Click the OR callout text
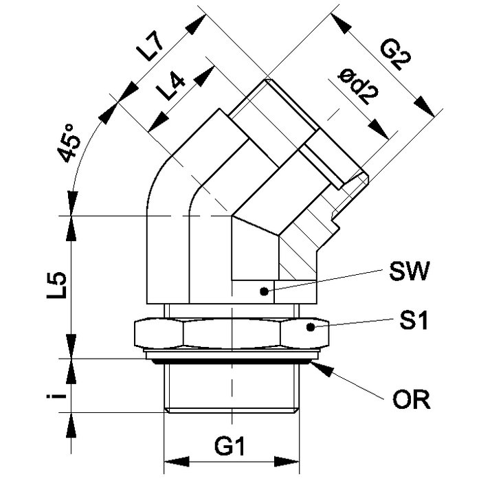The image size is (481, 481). tap(412, 399)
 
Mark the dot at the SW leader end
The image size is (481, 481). tap(262, 291)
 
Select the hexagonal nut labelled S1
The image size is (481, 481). tap(230, 333)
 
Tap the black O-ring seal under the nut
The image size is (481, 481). tap(232, 358)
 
